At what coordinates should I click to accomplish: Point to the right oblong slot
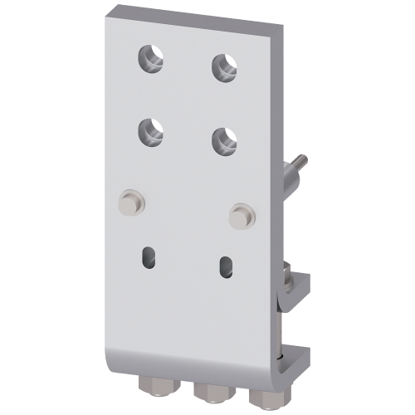pyautogui.click(x=225, y=268)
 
